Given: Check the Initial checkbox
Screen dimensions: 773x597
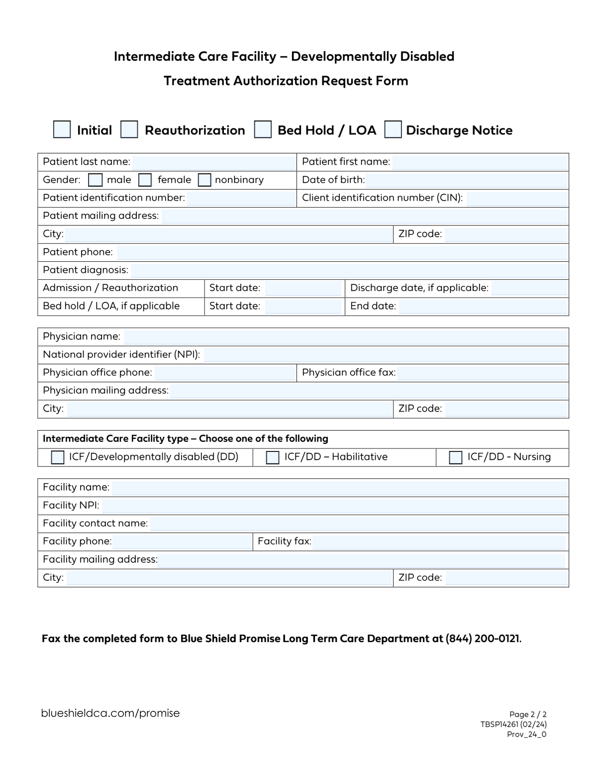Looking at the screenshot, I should pos(62,129).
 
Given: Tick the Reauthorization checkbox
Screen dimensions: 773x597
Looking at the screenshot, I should pos(129,129).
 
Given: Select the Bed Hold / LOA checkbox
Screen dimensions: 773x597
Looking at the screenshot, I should pos(263,129).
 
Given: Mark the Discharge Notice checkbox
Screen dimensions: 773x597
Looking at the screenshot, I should pos(393,129).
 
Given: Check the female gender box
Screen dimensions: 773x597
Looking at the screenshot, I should pos(145,180).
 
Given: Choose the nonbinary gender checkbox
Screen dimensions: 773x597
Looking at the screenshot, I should pos(204,180).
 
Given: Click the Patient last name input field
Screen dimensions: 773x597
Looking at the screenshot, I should pos(214,162).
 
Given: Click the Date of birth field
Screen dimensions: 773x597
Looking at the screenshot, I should pos(467,180).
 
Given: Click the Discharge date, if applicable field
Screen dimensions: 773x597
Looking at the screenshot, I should pos(529,288).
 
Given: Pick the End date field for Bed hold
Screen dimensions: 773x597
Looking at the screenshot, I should pos(483,306).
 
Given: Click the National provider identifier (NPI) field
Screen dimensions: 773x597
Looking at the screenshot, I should pos(386,355).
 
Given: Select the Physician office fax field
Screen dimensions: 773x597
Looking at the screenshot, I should pos(482,373).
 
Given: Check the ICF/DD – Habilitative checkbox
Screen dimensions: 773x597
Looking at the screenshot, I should pos(273,457).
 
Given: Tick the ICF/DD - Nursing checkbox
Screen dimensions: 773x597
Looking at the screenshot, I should pos(456,457).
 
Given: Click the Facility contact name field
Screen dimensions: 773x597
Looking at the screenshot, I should pos(358,524).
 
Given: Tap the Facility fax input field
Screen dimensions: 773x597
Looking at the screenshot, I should pos(440,542).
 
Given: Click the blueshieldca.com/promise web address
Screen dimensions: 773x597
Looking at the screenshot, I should pos(110,713).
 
